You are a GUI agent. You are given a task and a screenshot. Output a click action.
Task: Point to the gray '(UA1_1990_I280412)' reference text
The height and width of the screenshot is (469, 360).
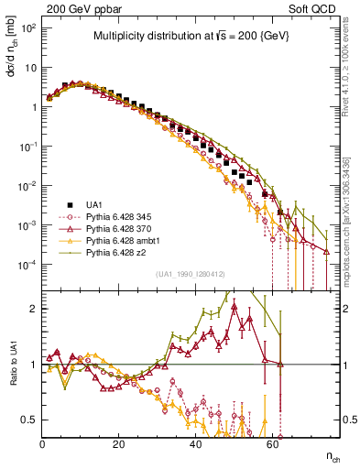pos(191,274)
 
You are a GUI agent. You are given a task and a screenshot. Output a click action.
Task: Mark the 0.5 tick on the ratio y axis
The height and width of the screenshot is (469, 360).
pos(27,420)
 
